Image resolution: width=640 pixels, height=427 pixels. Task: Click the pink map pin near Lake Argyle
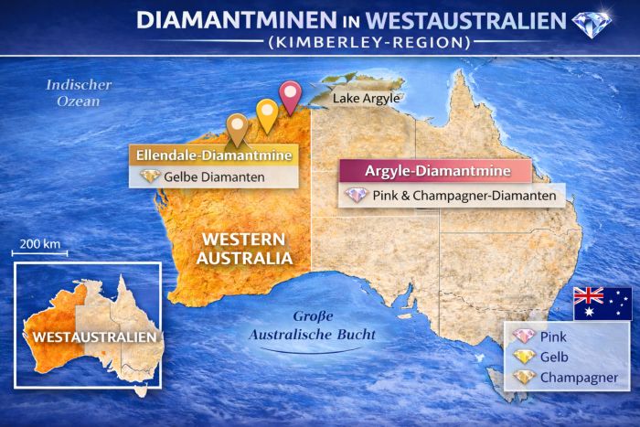point(290,94)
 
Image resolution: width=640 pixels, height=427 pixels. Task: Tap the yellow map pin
point(266,112)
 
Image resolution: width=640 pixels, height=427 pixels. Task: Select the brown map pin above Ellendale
point(238,127)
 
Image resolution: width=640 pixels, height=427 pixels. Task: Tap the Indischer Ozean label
point(79,92)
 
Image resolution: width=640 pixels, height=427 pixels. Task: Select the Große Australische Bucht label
point(313,326)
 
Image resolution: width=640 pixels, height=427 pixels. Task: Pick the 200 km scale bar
point(39,252)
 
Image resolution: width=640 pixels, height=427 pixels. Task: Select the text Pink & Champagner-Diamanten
point(464,196)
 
